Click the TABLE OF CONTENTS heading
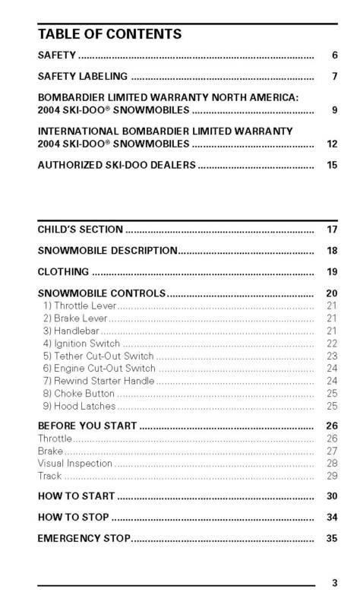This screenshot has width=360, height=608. point(109,34)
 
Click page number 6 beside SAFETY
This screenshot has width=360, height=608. point(333,56)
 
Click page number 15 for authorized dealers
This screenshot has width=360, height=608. point(331,164)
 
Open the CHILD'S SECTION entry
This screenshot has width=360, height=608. point(81,229)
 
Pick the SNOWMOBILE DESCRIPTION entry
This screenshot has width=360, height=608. point(107,250)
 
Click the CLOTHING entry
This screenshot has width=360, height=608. point(64,271)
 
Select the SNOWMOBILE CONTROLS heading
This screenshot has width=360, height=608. point(101,293)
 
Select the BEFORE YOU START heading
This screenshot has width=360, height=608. point(87,426)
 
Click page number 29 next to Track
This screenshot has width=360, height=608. point(331,476)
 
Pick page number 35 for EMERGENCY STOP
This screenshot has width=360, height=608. point(331,539)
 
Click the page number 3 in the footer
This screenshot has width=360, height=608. point(334,584)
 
